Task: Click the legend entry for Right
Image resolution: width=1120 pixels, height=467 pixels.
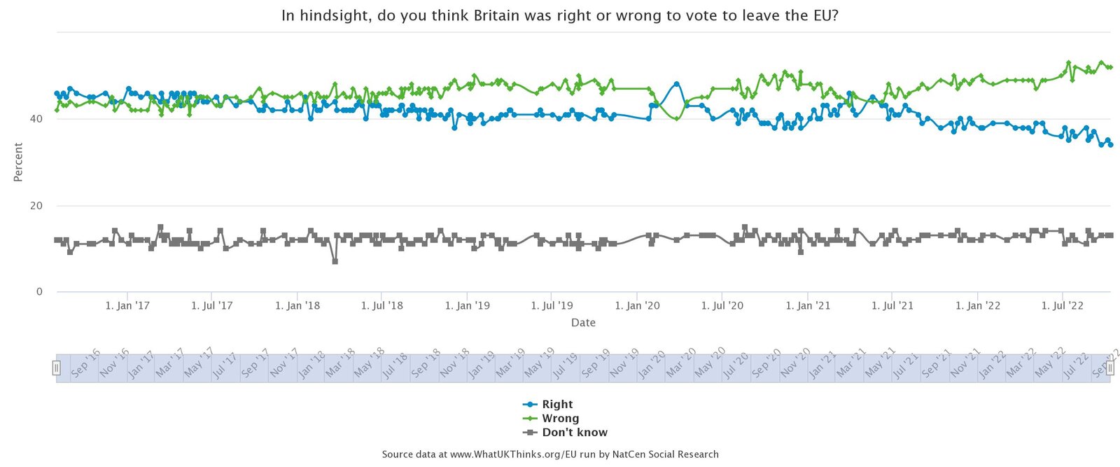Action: (x=556, y=404)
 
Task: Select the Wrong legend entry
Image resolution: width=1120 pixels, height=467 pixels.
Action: (x=560, y=418)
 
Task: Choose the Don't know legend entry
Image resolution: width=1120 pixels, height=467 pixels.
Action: (x=574, y=432)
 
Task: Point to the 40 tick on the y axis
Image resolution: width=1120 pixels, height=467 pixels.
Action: (x=36, y=119)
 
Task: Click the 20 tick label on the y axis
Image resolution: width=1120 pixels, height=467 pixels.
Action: (x=36, y=206)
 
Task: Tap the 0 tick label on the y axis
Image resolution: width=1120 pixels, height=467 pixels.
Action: (x=39, y=292)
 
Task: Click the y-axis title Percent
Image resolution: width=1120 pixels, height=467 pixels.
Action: (x=18, y=162)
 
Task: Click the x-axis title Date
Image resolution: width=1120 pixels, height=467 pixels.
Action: (x=583, y=323)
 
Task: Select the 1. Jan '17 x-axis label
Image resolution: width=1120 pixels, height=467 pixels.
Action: (x=127, y=306)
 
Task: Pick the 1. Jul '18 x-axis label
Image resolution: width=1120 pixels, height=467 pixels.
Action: (x=382, y=306)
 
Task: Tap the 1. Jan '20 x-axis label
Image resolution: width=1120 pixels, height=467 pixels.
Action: (x=637, y=306)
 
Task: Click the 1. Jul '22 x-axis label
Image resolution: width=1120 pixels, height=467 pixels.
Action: (x=1063, y=306)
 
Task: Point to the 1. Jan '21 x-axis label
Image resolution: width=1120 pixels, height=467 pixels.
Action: (x=808, y=306)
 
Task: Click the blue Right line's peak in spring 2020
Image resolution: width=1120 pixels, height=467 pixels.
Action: (x=677, y=83)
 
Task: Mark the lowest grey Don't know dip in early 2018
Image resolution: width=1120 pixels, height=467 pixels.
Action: (x=335, y=261)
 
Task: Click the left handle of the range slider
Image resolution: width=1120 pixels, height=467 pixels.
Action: (x=57, y=368)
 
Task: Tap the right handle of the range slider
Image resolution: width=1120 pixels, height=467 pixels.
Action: (x=1109, y=368)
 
